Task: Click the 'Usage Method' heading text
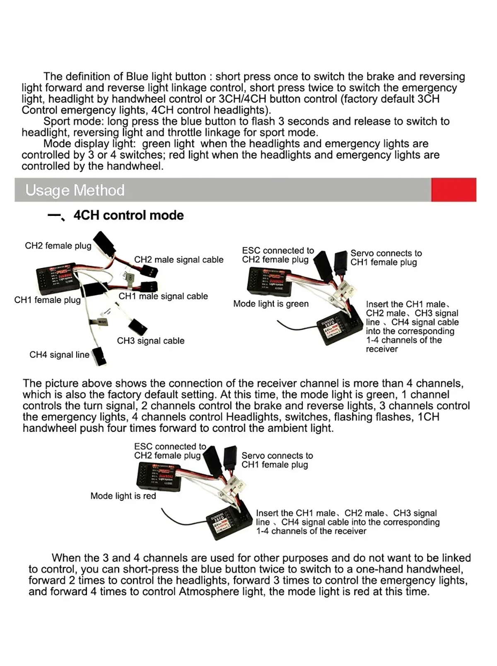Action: point(75,190)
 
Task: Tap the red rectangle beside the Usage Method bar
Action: point(453,190)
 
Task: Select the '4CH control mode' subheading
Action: point(128,215)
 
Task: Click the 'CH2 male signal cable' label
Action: point(179,260)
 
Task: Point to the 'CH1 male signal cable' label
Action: point(163,296)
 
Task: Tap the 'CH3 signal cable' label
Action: point(150,341)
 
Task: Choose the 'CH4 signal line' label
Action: point(59,355)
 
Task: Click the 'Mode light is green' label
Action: point(271,304)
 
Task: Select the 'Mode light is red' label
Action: point(123,496)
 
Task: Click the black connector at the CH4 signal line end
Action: point(99,356)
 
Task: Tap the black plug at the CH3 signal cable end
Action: point(138,327)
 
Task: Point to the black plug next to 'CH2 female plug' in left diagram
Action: point(102,241)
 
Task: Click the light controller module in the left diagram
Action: point(57,276)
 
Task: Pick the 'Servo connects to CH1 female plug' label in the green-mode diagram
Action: point(386,258)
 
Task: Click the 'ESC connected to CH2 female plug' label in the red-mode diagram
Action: point(169,451)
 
